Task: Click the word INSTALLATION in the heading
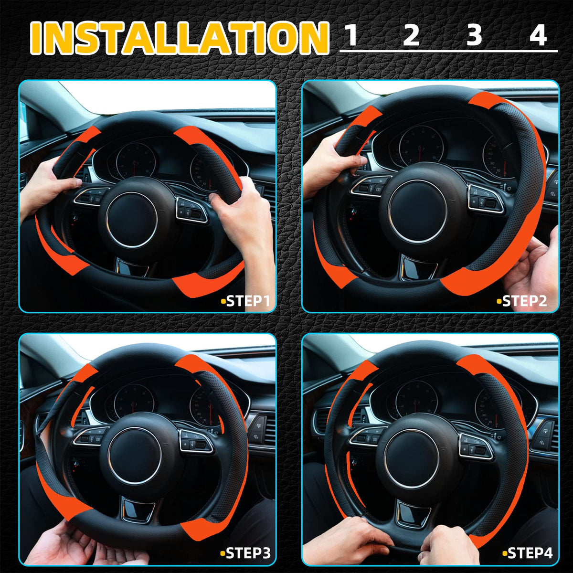point(180,38)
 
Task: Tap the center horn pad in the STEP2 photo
point(417,211)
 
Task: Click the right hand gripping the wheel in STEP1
point(243,214)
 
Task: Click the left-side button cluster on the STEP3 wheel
point(89,437)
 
